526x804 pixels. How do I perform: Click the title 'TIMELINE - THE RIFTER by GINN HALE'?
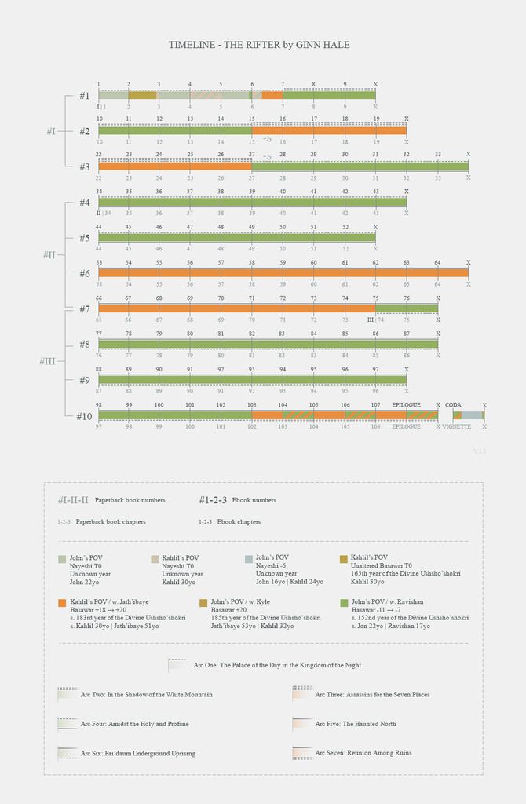[x=259, y=45]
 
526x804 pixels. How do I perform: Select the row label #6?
[x=85, y=273]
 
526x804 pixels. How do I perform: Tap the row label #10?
[x=84, y=416]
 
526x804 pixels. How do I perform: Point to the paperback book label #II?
[x=49, y=255]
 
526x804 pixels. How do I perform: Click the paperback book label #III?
[x=47, y=361]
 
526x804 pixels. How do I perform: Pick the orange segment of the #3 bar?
[x=174, y=166]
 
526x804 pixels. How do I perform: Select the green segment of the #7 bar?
[x=406, y=309]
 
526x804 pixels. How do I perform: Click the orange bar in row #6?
[x=283, y=273]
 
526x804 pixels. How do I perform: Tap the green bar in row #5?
[x=236, y=237]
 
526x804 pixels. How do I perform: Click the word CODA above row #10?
[x=453, y=405]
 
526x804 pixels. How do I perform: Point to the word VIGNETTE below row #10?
[x=456, y=426]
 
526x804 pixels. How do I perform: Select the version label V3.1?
[x=480, y=451]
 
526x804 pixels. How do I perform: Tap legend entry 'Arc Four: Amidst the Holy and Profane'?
[x=134, y=724]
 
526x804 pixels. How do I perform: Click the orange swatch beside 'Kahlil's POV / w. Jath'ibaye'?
[x=62, y=602]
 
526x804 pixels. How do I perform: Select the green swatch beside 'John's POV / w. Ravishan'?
[x=345, y=602]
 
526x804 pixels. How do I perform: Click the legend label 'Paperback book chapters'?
[x=111, y=522]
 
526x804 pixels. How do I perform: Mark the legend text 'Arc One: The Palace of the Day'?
[x=277, y=665]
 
